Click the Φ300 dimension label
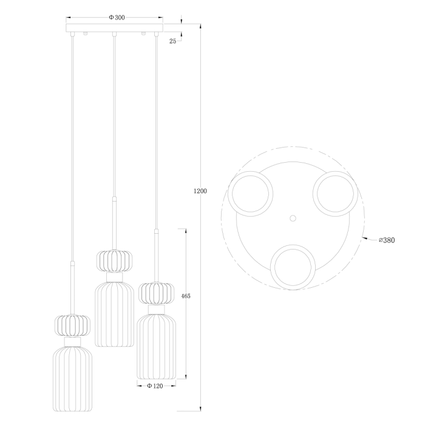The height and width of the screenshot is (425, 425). click(x=117, y=18)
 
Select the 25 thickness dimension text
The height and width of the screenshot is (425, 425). click(x=173, y=41)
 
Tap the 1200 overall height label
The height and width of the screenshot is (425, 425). click(x=200, y=191)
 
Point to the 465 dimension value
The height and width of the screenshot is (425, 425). click(x=186, y=296)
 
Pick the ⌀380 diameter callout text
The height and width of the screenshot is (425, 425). click(x=386, y=240)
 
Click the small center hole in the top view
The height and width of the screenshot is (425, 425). click(x=293, y=217)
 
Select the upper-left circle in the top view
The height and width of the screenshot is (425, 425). click(x=251, y=192)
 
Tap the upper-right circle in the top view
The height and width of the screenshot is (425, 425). click(x=335, y=192)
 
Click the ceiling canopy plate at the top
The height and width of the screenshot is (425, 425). click(x=115, y=29)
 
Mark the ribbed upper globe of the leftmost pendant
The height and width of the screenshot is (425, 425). click(x=72, y=325)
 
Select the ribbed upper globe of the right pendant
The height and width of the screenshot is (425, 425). click(x=157, y=294)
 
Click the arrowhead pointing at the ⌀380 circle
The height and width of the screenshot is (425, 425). click(x=364, y=238)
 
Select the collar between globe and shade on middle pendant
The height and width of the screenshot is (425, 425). click(x=114, y=277)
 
